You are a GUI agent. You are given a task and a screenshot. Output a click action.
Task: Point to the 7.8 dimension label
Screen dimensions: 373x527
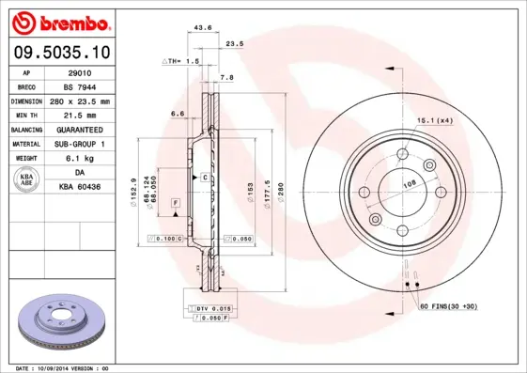(226, 77)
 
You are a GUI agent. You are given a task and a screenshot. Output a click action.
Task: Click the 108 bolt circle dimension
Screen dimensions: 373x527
(409, 184)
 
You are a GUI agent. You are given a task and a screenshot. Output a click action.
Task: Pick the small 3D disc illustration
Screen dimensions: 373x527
(63, 321)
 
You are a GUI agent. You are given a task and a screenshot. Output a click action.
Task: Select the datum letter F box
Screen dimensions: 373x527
(175, 203)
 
